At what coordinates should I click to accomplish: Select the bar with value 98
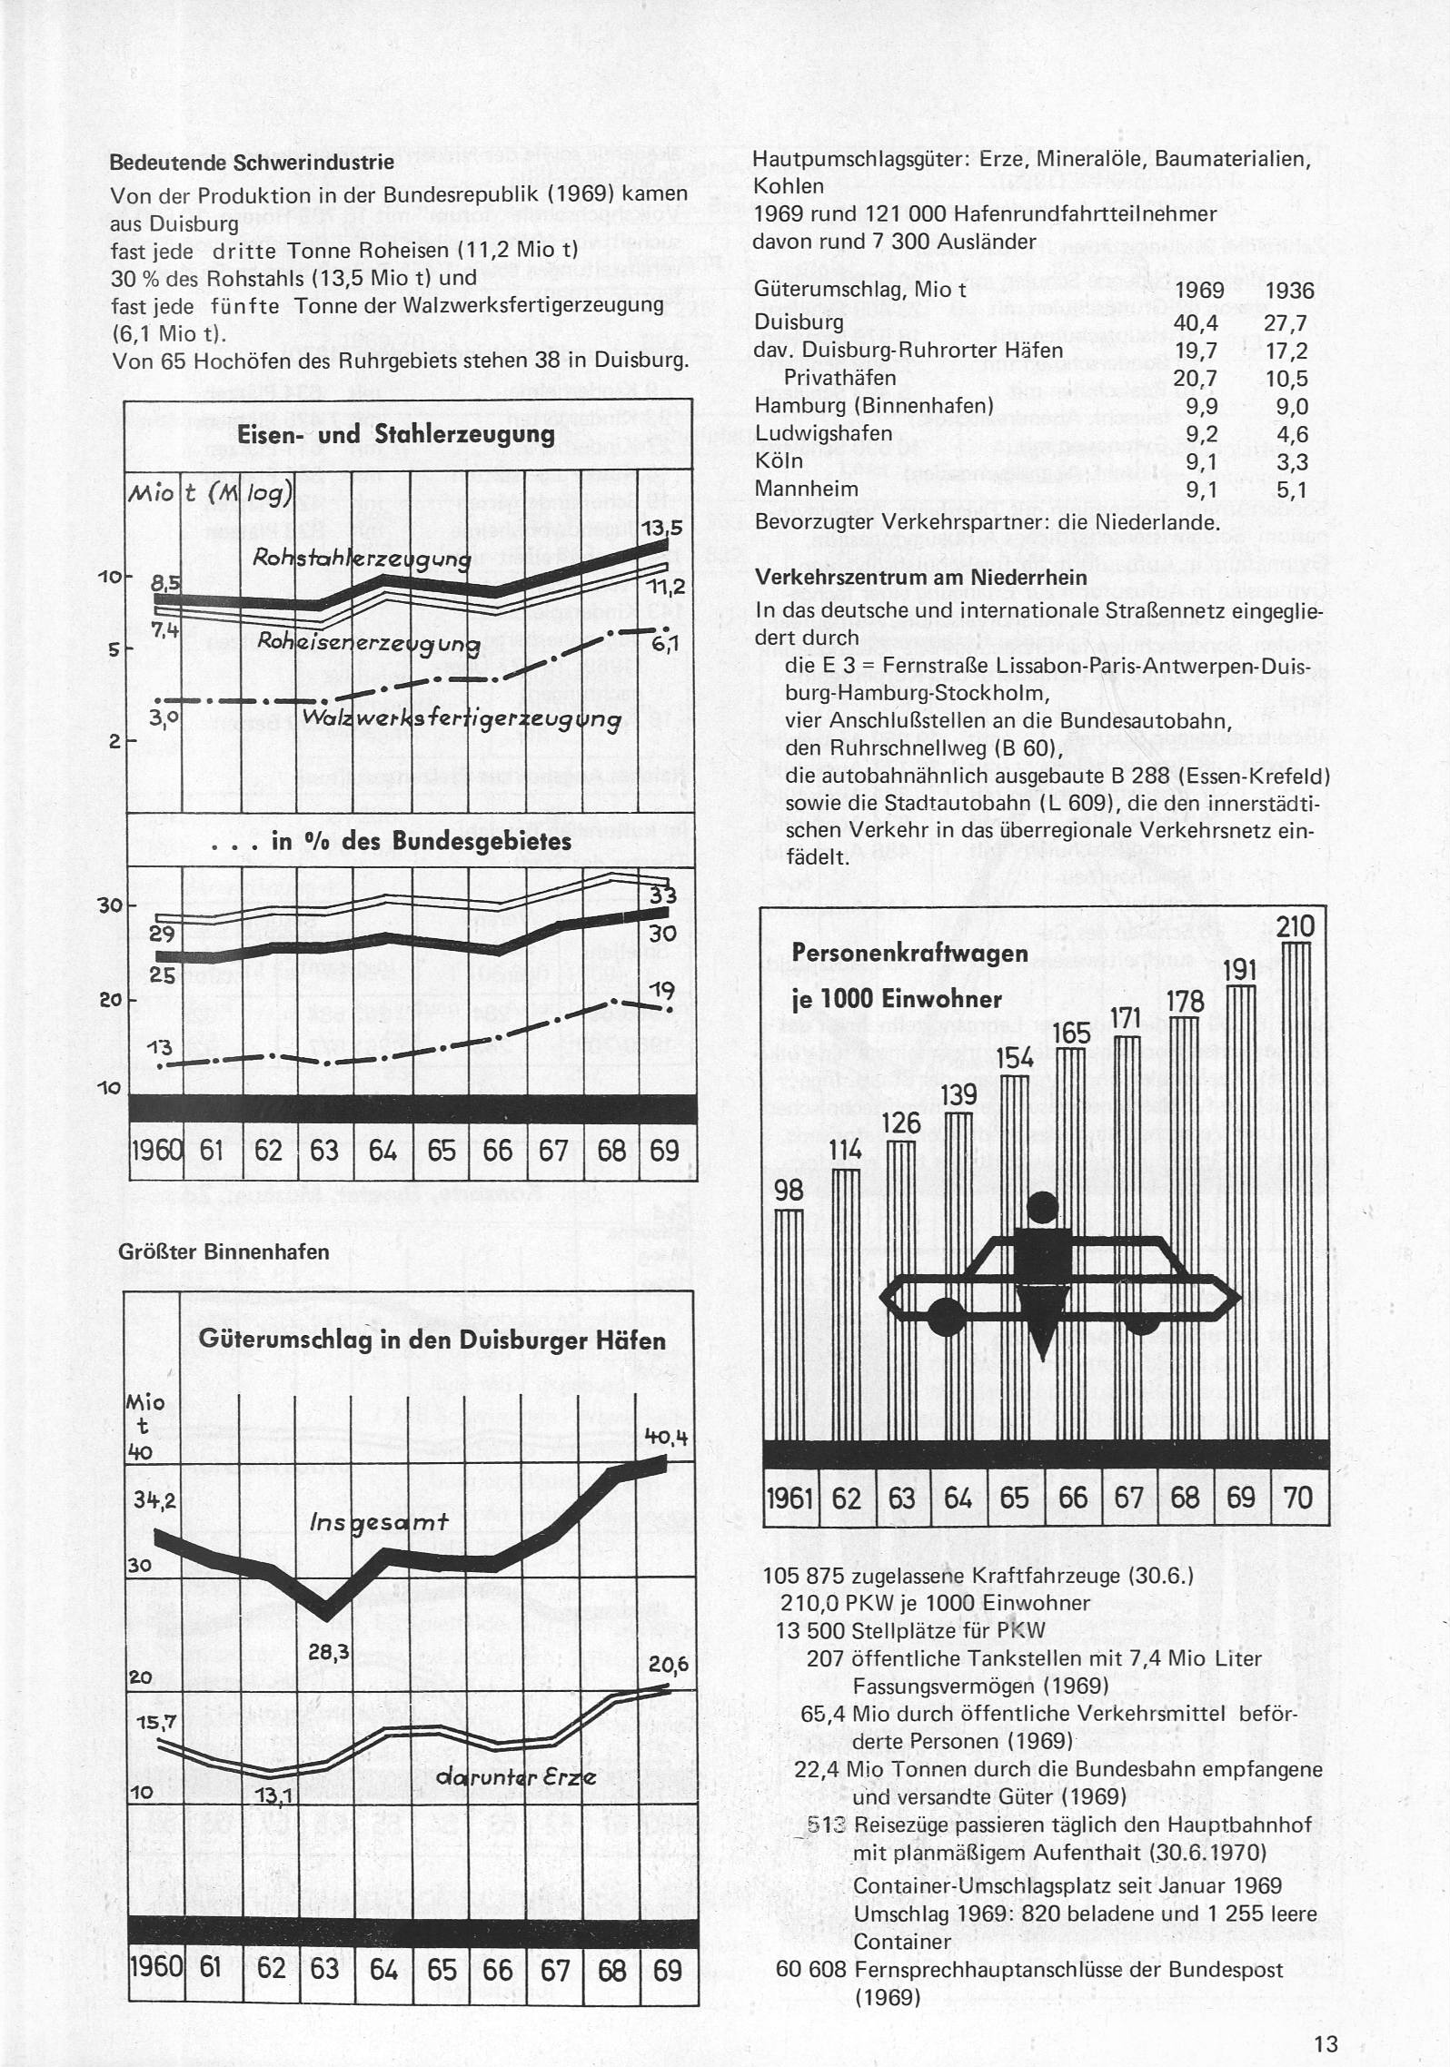tap(789, 1326)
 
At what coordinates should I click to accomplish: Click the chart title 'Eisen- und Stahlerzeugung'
tap(396, 435)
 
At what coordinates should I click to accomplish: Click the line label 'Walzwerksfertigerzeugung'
tap(462, 720)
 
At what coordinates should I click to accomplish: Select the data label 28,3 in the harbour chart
tap(329, 1652)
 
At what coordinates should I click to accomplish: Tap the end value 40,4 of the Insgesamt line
tap(666, 1436)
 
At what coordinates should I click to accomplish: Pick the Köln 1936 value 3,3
tap(1290, 461)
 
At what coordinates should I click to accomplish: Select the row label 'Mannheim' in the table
tap(807, 490)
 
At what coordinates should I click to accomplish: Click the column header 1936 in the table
tap(1288, 291)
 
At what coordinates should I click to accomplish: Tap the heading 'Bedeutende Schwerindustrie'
tap(253, 163)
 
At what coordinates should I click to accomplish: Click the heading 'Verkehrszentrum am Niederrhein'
tap(921, 579)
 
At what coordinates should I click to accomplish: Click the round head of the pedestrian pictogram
tap(1041, 1207)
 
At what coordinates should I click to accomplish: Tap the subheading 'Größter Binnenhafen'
tap(223, 1251)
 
